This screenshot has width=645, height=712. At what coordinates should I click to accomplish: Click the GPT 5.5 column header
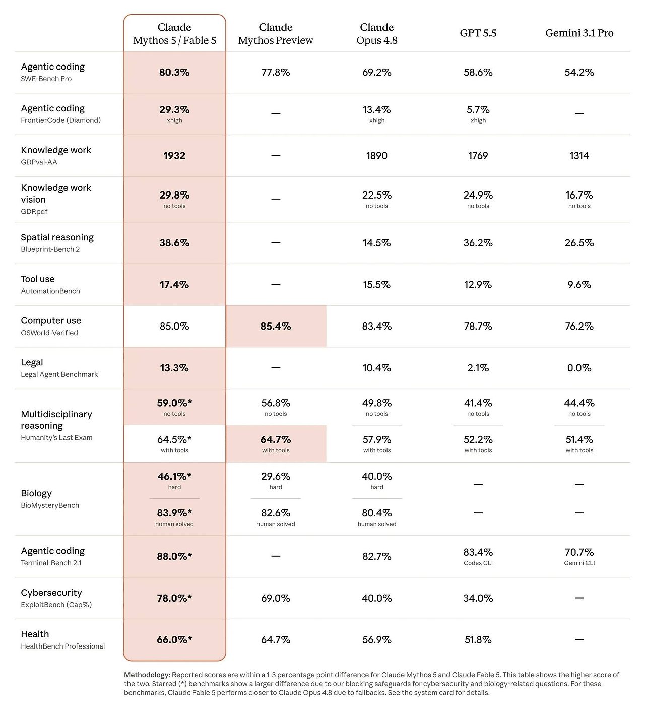478,33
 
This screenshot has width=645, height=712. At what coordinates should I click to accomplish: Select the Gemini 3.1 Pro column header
579,33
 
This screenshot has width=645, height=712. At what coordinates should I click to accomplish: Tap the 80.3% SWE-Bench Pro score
174,72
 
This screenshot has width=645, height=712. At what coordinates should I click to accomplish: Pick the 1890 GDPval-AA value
376,156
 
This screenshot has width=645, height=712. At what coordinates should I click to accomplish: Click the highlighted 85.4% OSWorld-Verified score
276,326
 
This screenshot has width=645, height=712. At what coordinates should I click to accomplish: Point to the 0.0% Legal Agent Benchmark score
579,368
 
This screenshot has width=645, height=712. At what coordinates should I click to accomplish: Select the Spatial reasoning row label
57,237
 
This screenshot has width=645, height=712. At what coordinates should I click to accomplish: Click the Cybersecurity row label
51,593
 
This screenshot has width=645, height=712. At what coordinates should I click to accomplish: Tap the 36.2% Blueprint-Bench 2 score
478,243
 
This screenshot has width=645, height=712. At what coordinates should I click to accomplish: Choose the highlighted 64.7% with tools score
276,439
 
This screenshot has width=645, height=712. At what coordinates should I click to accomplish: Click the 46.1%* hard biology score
174,476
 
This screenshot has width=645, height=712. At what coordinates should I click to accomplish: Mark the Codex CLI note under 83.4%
478,563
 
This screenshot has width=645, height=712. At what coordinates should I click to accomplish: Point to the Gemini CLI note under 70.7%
579,563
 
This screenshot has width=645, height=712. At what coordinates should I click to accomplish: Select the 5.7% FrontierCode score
478,109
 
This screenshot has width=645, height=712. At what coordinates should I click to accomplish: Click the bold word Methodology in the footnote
146,675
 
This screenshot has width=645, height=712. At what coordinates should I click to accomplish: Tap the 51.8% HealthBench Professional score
478,639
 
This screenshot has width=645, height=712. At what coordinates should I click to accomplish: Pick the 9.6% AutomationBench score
579,284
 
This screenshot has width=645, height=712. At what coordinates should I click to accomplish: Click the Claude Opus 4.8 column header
376,33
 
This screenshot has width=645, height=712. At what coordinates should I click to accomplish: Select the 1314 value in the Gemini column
579,156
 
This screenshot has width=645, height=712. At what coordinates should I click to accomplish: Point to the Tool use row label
38,279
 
